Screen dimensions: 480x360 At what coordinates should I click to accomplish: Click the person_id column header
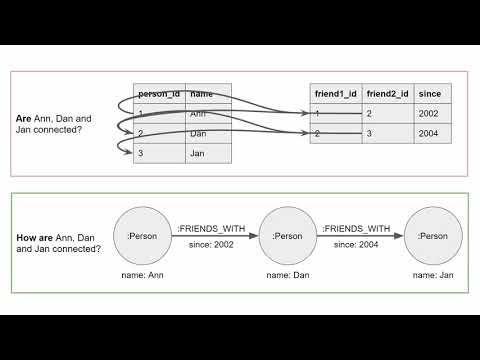[159, 93]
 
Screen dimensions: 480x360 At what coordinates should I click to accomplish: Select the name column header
[209, 93]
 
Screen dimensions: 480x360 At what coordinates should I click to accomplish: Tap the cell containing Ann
[209, 113]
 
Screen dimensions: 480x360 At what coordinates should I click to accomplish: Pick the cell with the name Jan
[209, 152]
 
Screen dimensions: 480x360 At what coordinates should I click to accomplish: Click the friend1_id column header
[335, 93]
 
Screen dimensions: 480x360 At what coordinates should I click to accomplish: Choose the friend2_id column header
[388, 93]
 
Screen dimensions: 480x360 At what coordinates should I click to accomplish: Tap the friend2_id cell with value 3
[388, 133]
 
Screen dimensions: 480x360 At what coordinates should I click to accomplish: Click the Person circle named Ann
[142, 236]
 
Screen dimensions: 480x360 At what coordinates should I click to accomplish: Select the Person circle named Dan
[287, 236]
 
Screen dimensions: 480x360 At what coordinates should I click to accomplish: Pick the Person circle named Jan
[433, 236]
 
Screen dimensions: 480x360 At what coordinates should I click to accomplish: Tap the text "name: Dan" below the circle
[287, 274]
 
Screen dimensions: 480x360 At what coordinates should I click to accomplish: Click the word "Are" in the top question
[23, 119]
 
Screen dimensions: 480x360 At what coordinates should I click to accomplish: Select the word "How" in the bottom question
[27, 238]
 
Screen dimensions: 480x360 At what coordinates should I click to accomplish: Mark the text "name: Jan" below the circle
[433, 274]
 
